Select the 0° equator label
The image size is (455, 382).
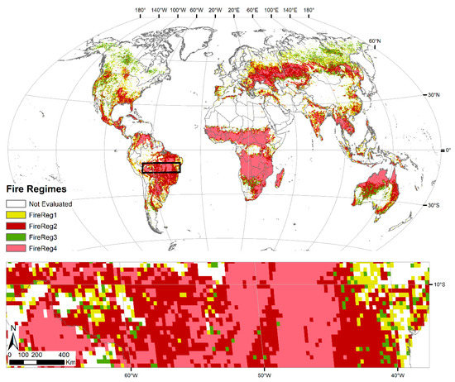(x=447, y=150)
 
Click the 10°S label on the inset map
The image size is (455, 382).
(x=440, y=285)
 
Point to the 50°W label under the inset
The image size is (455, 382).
(x=263, y=374)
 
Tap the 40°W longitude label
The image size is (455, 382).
(x=399, y=374)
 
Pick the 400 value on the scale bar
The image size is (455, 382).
(x=64, y=353)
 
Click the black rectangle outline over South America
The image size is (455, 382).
(x=161, y=168)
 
